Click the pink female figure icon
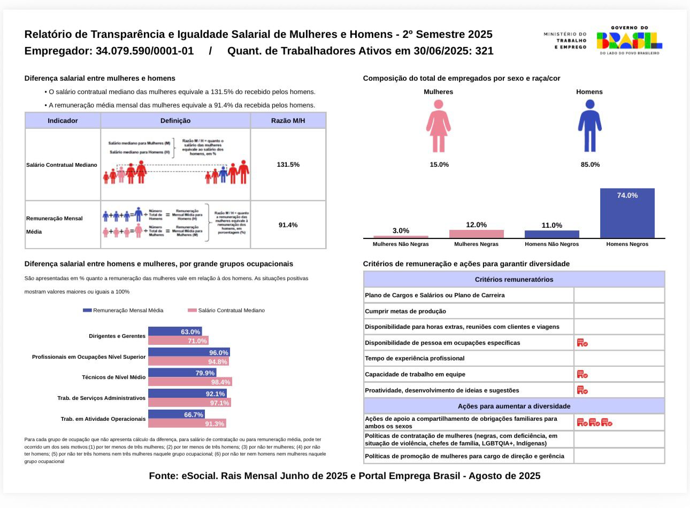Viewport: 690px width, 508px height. click(439, 126)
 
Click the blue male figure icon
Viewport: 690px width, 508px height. click(589, 126)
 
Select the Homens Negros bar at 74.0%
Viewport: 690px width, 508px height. click(627, 213)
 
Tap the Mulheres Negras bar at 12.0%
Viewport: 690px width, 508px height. click(476, 234)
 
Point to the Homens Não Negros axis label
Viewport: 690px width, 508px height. click(551, 244)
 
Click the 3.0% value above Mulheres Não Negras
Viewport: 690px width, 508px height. click(401, 230)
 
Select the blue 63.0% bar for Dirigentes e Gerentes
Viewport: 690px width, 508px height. click(175, 332)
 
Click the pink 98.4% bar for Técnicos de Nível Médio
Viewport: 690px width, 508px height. click(190, 382)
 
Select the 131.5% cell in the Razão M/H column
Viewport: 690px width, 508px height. click(288, 165)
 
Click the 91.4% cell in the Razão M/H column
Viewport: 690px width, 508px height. click(288, 225)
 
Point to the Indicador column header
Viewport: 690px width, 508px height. click(63, 121)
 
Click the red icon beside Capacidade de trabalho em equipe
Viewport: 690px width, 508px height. click(582, 374)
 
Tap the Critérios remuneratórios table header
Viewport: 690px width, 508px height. click(513, 279)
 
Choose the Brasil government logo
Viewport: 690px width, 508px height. click(629, 40)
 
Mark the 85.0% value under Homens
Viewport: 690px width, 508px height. click(590, 165)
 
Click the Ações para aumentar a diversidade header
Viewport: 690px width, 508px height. click(513, 406)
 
